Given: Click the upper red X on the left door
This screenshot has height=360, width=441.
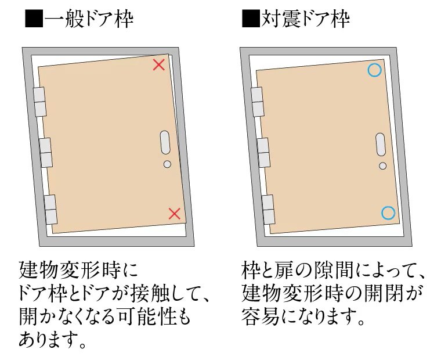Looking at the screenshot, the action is click(159, 65).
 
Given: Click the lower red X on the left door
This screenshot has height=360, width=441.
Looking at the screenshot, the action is click(175, 214).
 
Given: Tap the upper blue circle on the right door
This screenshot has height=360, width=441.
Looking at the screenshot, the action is click(374, 70).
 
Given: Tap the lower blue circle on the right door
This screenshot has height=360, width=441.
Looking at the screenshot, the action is click(388, 213).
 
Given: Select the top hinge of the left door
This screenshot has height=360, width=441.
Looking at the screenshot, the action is click(39, 102).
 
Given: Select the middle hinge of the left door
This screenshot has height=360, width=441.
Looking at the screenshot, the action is click(46, 153).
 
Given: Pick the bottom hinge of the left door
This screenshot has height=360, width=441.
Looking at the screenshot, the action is click(50, 210).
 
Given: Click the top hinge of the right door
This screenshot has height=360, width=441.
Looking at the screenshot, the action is click(257, 102).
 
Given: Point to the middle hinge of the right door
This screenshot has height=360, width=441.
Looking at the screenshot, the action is click(263, 153).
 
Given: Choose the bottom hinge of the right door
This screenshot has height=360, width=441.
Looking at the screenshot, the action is click(268, 210).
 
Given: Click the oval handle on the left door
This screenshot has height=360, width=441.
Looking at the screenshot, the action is click(165, 142).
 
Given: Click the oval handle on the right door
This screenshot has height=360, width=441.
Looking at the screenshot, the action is click(381, 145).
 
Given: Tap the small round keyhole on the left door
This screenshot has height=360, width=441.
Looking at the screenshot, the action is click(167, 164).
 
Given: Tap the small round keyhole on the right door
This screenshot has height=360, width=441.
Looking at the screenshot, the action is click(383, 166).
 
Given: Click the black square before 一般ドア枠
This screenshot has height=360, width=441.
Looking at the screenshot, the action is click(34, 19).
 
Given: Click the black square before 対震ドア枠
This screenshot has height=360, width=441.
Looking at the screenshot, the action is click(251, 19).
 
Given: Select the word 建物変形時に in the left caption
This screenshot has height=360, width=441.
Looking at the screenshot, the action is click(79, 270).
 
